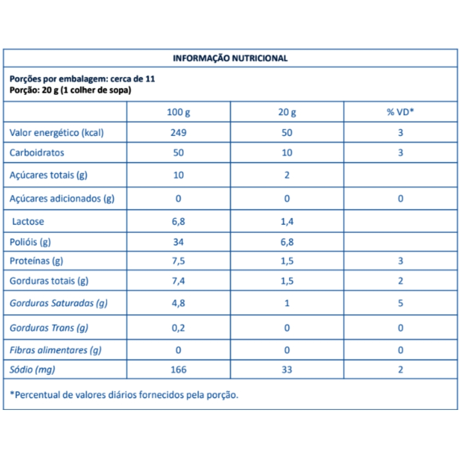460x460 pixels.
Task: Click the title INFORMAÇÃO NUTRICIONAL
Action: pyautogui.click(x=230, y=58)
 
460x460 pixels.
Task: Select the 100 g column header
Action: pyautogui.click(x=178, y=112)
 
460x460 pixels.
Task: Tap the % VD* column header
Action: pyautogui.click(x=400, y=112)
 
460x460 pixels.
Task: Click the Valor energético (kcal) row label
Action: pyautogui.click(x=57, y=133)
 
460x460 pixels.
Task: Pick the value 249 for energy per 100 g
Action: pyautogui.click(x=178, y=133)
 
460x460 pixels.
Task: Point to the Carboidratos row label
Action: pyautogui.click(x=37, y=153)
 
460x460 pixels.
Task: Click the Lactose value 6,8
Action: pyautogui.click(x=178, y=222)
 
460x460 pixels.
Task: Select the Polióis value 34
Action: pyautogui.click(x=178, y=242)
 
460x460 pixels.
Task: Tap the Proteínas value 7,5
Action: pyautogui.click(x=178, y=261)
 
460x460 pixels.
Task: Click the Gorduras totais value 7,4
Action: pyautogui.click(x=178, y=281)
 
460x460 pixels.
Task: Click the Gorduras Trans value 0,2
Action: pyautogui.click(x=178, y=328)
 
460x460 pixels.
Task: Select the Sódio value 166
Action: pyautogui.click(x=178, y=370)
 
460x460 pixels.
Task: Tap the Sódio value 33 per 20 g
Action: pyautogui.click(x=287, y=370)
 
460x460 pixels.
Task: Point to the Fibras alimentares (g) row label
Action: pyautogui.click(x=55, y=351)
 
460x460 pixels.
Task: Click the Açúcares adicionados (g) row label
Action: pyautogui.click(x=62, y=199)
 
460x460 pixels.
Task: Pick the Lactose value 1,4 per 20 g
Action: pyautogui.click(x=287, y=222)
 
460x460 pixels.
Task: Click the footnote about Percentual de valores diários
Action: pyautogui.click(x=124, y=395)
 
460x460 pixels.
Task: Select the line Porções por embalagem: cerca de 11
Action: pyautogui.click(x=82, y=79)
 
